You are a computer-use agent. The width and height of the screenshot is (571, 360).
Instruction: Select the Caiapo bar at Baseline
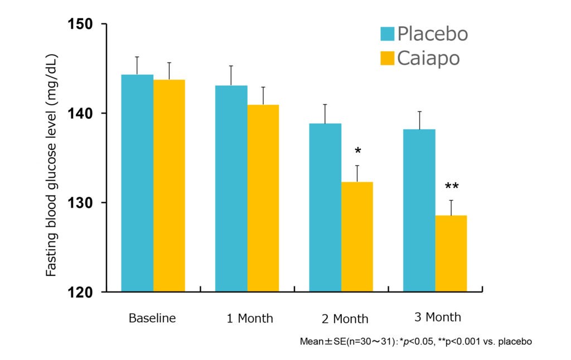(169, 186)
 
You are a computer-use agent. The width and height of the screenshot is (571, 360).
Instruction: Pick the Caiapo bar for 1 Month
(263, 198)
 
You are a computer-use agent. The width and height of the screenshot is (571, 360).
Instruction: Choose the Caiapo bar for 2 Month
(357, 236)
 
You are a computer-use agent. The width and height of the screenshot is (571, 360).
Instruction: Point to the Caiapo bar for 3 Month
(451, 253)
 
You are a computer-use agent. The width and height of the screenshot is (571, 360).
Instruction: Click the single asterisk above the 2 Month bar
(357, 152)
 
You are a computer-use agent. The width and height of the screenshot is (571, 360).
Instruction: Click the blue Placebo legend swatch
(387, 34)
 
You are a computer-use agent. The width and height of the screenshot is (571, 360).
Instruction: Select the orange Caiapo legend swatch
(387, 57)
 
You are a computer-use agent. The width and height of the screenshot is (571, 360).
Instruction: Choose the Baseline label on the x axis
(152, 319)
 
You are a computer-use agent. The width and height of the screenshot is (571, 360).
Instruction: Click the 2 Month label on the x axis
(345, 319)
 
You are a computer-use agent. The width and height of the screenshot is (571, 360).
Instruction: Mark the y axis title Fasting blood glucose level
(51, 165)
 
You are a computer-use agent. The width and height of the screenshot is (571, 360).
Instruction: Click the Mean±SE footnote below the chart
(416, 341)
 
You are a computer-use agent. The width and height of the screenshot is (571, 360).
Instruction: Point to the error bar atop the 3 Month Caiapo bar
(451, 207)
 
